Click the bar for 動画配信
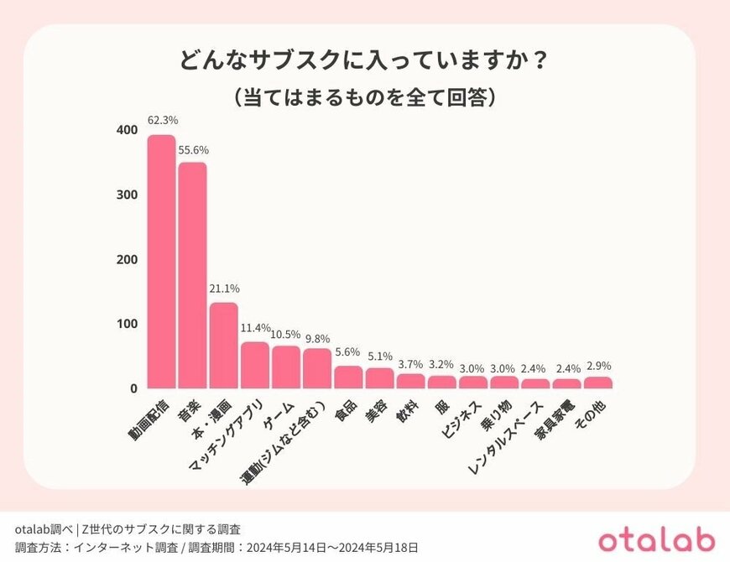(161, 262)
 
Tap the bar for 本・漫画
(223, 346)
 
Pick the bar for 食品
(348, 377)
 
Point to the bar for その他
(597, 382)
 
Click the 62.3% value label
(161, 120)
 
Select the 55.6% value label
(193, 150)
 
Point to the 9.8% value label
(318, 338)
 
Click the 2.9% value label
(598, 367)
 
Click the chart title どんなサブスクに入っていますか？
(365, 63)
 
